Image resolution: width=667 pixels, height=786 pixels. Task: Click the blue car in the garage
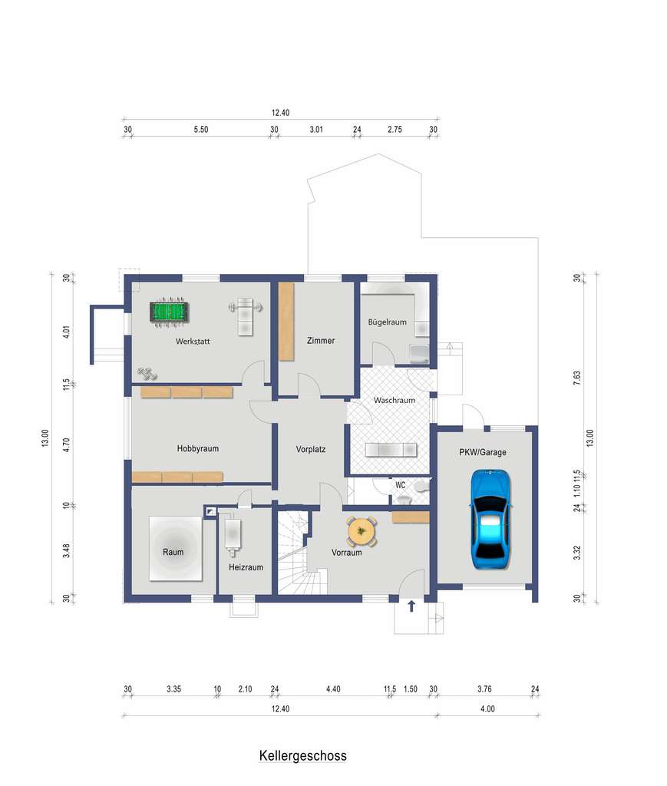pos(490,519)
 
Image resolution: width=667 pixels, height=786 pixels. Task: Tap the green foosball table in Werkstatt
pos(169,312)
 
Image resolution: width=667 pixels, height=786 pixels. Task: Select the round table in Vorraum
pos(362,532)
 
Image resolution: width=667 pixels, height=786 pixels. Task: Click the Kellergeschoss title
pos(302,755)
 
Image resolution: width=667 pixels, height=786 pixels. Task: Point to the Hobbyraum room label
pos(197,448)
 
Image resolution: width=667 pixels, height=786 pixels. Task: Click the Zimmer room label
pos(321,340)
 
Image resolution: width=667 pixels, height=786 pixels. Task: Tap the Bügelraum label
pos(388,322)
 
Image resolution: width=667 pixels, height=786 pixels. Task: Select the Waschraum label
pos(395,400)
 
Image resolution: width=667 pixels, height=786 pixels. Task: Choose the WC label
pos(401,485)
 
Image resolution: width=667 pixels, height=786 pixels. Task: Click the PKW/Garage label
pos(483,451)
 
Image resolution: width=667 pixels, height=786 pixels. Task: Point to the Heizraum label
pos(246,567)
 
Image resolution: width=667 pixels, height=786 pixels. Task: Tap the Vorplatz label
pos(311,449)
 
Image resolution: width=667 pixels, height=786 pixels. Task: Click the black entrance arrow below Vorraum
pos(411,606)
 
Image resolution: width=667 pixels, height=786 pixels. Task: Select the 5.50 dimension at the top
pos(201,129)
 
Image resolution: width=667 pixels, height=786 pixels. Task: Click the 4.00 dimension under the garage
pos(487,708)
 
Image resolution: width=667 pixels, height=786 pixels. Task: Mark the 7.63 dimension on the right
pos(576,378)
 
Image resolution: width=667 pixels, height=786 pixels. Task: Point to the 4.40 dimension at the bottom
pos(333,689)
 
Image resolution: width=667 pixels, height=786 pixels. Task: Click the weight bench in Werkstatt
pos(245,315)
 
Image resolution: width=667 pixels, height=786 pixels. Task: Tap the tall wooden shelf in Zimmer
pos(286,322)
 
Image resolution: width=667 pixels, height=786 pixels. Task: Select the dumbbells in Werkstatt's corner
pos(147,374)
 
